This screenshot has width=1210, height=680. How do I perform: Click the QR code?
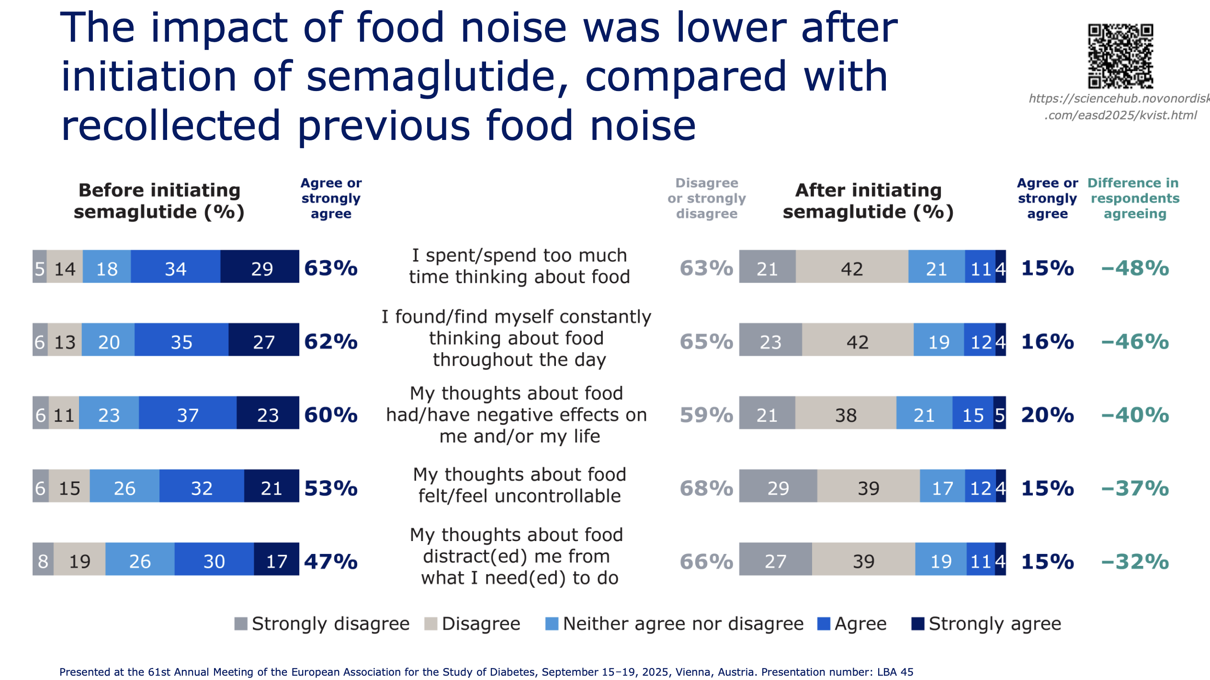pos(1120,56)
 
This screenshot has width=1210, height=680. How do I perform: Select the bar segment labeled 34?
pos(176,266)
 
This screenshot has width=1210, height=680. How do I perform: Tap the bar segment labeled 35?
pos(181,340)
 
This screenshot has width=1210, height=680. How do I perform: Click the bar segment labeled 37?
pos(188,413)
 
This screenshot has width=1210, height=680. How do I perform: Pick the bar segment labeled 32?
pos(202,486)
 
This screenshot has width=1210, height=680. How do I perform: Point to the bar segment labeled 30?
pos(214,559)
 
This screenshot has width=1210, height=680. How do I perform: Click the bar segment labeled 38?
pos(846,413)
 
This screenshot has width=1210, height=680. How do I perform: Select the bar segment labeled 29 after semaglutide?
pos(778,486)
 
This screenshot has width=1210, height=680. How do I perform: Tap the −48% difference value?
pos(1135,268)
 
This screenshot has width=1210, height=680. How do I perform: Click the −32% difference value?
pos(1135,562)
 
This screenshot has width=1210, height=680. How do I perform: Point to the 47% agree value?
pos(331,562)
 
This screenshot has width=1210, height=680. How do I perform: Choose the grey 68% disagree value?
pos(707,488)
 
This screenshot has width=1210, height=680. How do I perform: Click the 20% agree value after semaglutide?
pos(1048,415)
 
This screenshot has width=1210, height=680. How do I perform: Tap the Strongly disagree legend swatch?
pos(241,624)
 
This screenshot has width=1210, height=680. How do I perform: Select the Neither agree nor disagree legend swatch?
pos(552,624)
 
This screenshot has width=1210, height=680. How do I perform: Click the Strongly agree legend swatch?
pos(917,624)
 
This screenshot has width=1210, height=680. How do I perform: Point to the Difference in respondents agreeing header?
pos(1134,198)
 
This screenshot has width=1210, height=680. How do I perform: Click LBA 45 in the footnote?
pos(895,672)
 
